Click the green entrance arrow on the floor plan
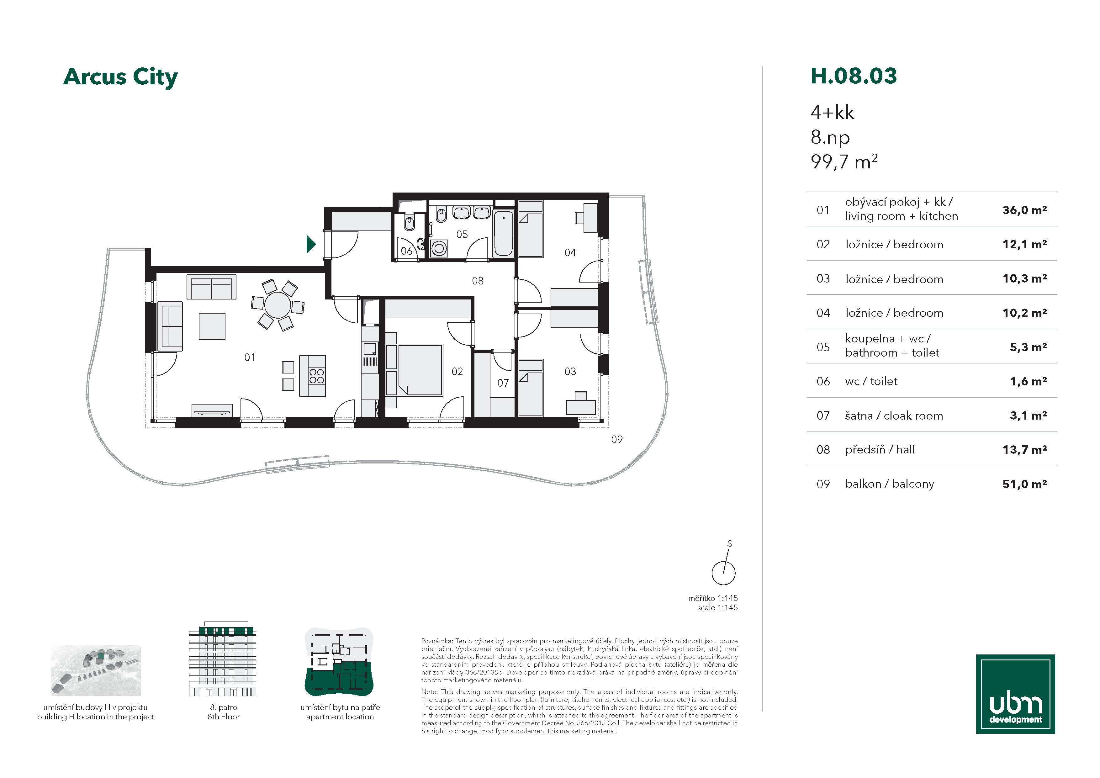point(311,244)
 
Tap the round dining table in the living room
point(278,305)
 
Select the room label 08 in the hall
point(478,281)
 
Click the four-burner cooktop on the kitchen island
point(317,376)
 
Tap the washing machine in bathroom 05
point(439,248)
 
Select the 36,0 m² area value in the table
point(1024,210)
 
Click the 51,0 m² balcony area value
point(1024,484)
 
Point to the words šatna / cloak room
point(894,415)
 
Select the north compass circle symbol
point(723,573)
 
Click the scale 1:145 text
point(717,607)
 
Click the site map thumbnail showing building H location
point(96,670)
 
